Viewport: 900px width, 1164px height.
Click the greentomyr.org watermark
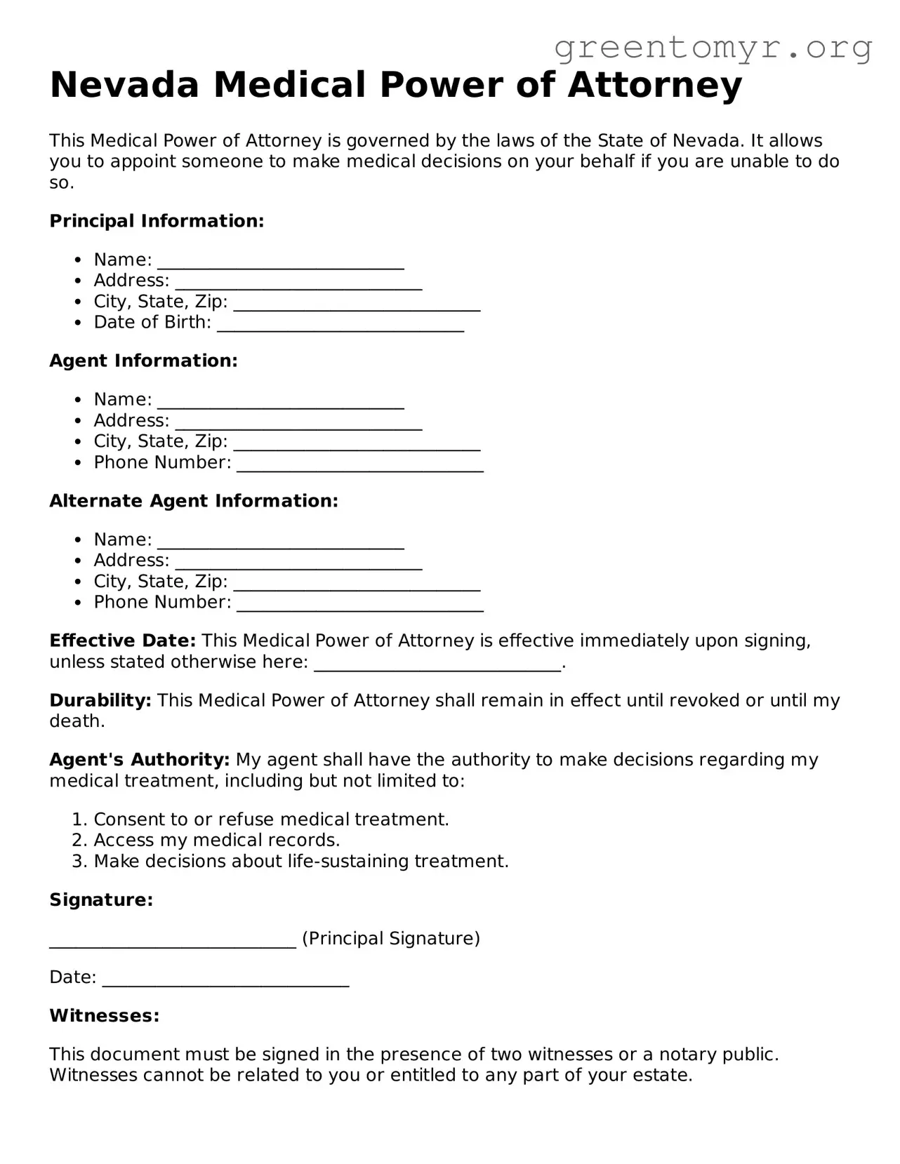pos(713,48)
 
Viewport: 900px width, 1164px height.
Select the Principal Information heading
pos(157,221)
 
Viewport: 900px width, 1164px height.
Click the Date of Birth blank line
pos(340,324)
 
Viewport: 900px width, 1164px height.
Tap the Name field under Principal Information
pos(281,262)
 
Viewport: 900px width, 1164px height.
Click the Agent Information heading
pos(143,361)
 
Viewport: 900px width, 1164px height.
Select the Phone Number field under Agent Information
pos(360,464)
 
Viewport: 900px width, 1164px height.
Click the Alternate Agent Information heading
pos(194,501)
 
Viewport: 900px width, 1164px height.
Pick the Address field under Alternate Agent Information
pos(298,563)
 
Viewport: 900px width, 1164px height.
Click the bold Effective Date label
pos(122,641)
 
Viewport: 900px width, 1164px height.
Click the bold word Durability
pos(100,700)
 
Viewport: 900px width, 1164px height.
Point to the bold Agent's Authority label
pos(139,760)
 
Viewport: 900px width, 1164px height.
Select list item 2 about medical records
pos(216,841)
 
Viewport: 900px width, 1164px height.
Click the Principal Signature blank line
pos(173,941)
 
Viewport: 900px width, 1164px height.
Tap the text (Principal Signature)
pos(391,939)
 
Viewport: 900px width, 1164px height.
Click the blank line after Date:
pos(225,979)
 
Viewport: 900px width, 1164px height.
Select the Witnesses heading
pos(104,1015)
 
